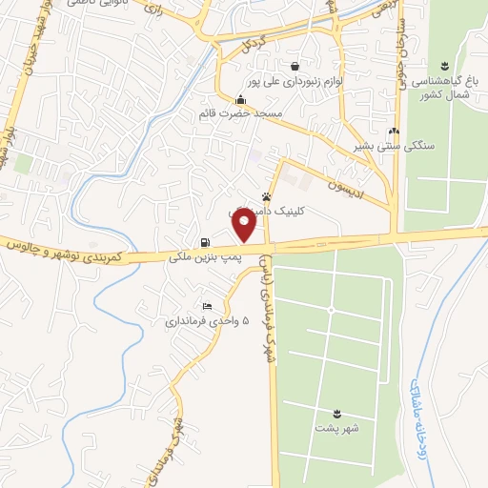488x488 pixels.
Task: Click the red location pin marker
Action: point(245,226)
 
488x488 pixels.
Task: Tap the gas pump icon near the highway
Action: point(206,242)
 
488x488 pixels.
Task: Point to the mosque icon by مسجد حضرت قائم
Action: point(241,100)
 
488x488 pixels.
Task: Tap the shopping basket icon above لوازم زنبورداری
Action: point(296,66)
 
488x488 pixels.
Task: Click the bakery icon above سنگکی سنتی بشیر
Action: point(394,132)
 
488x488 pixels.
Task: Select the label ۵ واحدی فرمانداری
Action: point(209,322)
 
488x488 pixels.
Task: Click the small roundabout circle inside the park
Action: point(331,311)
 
